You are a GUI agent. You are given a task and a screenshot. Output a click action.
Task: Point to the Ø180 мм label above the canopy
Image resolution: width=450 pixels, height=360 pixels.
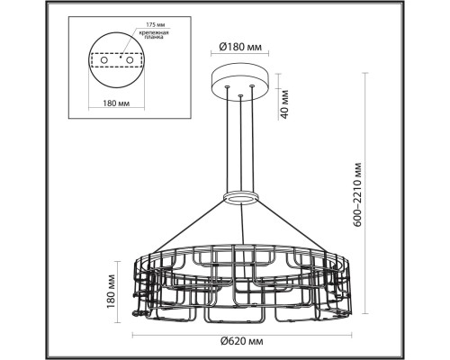click(x=240, y=48)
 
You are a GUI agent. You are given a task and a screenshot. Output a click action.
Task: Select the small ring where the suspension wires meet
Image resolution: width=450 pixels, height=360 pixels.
click(x=240, y=195)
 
